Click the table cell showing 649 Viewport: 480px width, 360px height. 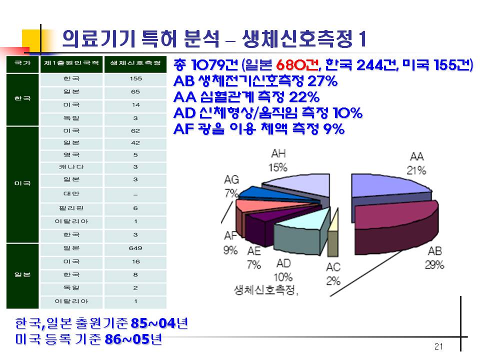click(x=135, y=248)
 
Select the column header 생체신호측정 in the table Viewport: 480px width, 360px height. click(x=135, y=63)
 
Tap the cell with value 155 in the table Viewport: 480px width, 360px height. click(x=135, y=78)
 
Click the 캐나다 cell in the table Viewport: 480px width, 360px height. click(x=71, y=167)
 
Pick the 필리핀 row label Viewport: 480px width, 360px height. click(x=71, y=208)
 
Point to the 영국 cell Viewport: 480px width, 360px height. click(x=71, y=155)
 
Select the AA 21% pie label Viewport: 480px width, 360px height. click(x=416, y=163)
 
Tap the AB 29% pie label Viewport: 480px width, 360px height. click(x=434, y=258)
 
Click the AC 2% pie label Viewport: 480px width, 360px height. click(x=333, y=274)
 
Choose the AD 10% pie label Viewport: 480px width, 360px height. click(x=283, y=270)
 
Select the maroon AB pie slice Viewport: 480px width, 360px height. click(x=396, y=227)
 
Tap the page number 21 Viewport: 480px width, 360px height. click(x=438, y=346)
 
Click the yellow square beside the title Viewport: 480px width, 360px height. click(x=31, y=41)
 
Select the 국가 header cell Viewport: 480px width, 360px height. click(x=22, y=63)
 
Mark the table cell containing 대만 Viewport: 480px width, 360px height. click(x=71, y=194)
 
